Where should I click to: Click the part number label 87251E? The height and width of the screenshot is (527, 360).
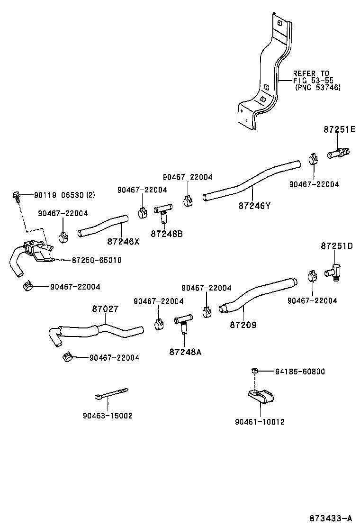[x=339, y=129]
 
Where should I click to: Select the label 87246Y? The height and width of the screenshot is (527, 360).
[x=254, y=206]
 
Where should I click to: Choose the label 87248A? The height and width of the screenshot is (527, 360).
[x=185, y=352]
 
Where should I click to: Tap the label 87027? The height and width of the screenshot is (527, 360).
[x=105, y=309]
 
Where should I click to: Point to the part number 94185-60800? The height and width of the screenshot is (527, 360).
[x=300, y=372]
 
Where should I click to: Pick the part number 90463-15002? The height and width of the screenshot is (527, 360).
[x=107, y=416]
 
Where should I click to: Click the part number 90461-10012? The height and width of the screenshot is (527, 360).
[x=260, y=421]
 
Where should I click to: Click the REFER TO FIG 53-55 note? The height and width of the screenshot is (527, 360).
[x=311, y=81]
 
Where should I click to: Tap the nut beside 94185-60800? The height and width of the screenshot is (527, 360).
[x=254, y=371]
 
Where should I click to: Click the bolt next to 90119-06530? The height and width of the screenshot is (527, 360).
[x=17, y=195]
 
